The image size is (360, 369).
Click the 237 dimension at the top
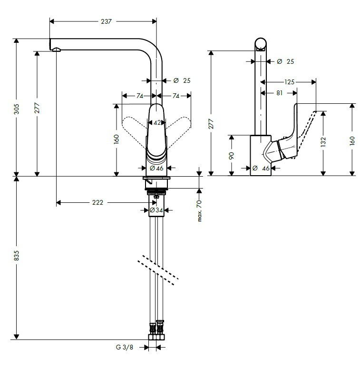(106, 21)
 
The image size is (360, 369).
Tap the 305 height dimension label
(17, 109)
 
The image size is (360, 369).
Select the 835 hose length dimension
(17, 256)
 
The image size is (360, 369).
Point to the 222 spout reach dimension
(97, 202)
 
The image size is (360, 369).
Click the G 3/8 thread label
(125, 347)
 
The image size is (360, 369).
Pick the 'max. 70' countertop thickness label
(200, 211)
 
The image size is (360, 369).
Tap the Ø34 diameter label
(156, 210)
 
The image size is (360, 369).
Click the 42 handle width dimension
(157, 123)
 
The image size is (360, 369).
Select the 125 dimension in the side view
(289, 82)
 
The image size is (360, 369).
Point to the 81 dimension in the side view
(279, 93)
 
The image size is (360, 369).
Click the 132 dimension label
(323, 142)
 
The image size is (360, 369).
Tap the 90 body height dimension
(232, 156)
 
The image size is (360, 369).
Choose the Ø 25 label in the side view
(285, 61)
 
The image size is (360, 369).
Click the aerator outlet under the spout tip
(57, 50)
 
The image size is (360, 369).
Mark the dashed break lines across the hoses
(158, 270)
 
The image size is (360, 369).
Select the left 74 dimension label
(140, 96)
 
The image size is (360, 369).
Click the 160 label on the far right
(352, 141)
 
